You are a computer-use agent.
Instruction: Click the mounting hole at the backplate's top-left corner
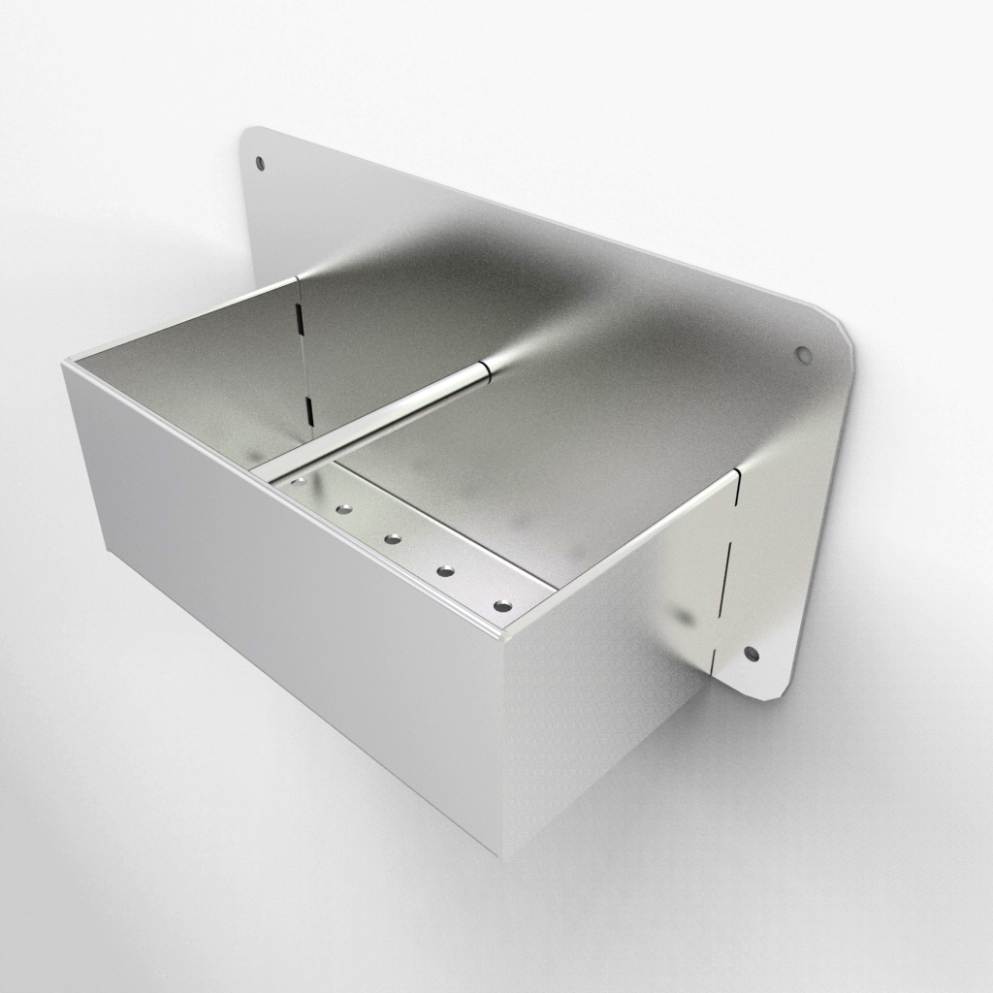point(259,162)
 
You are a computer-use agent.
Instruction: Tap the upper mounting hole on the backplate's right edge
point(803,355)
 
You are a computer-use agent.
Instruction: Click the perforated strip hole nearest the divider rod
point(298,481)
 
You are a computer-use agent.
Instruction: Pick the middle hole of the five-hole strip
point(393,538)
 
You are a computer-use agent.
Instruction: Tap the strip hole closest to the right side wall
point(501,606)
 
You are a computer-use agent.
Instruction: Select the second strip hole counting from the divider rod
point(342,508)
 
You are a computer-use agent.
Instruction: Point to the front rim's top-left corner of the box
point(66,362)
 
